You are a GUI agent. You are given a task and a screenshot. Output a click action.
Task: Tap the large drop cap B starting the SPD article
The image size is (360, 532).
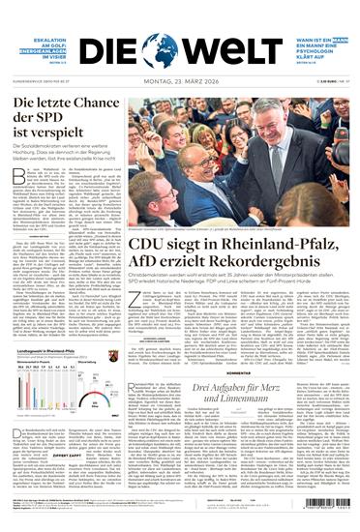pos(16,174)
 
